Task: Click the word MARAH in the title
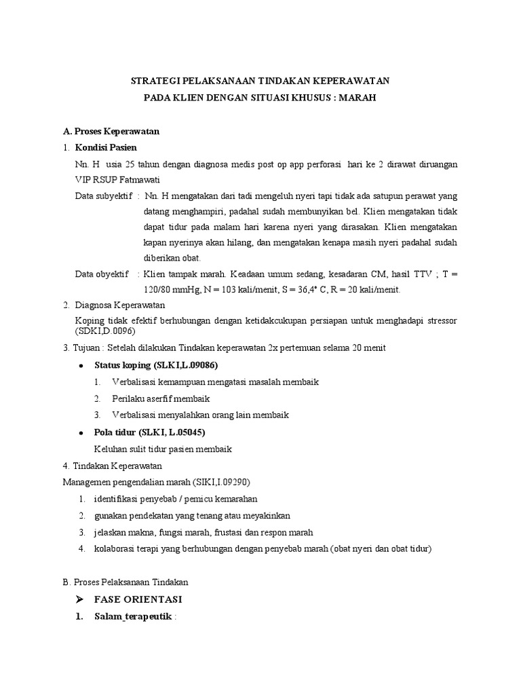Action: (357, 98)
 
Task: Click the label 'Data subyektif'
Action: (102, 196)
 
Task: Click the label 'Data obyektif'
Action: (102, 274)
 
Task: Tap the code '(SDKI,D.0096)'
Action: (105, 331)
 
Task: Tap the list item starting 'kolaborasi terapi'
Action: (263, 548)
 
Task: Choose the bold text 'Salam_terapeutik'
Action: (133, 616)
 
